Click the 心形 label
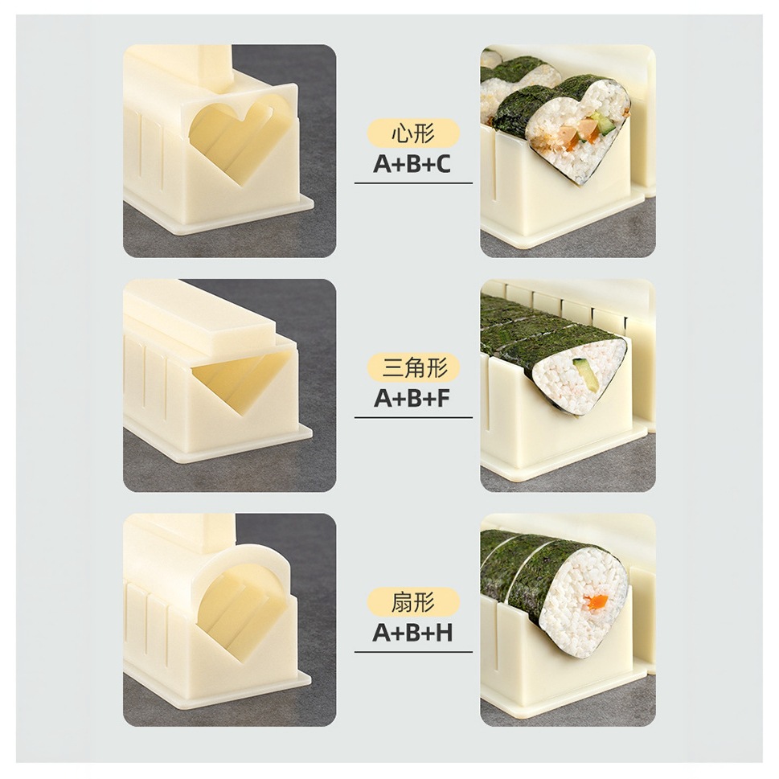pos(413,134)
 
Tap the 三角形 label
pos(413,368)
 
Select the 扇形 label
pos(413,602)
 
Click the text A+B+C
pos(412,164)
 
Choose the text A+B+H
pos(412,633)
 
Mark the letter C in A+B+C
pos(442,164)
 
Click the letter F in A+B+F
pos(442,399)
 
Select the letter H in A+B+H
pos(443,633)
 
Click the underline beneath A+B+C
pos(413,183)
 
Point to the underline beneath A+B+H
pos(413,652)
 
